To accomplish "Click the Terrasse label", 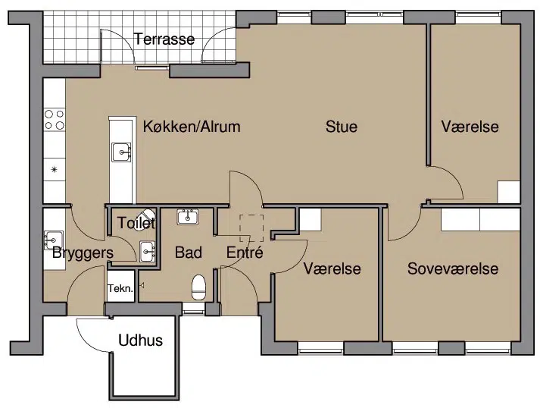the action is coord(164,39).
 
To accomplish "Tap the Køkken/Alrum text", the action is coord(192,127).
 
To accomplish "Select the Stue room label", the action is coord(342,127).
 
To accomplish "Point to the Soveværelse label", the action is coord(453,268).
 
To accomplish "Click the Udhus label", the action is coord(141,341).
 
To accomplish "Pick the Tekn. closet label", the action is coord(120,288).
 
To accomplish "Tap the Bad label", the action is coord(188,253).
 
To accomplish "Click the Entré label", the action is coord(245,253).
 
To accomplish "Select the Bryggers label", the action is coord(83,253).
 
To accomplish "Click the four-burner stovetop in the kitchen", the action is coord(55,119).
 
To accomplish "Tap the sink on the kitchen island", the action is coord(121,152).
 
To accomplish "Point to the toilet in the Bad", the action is coord(198,287).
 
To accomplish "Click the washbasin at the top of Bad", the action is coord(187,217).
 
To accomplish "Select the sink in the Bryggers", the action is coord(53,240).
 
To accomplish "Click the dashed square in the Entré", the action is coord(251,228).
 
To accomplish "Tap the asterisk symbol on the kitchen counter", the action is coord(54,169).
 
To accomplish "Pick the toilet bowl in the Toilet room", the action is coord(145,219).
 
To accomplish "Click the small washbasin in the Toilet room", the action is coord(148,251).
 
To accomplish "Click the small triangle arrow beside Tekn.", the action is coord(141,286).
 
